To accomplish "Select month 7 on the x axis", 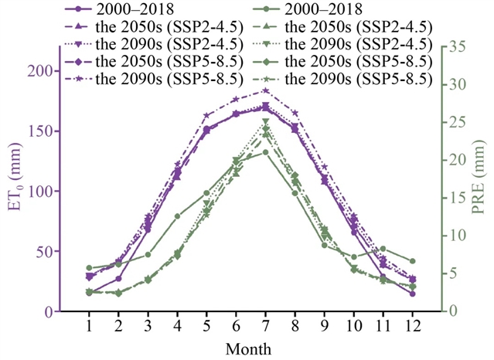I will click(265, 327).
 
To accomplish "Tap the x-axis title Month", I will click(249, 349).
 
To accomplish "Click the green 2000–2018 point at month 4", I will click(177, 216).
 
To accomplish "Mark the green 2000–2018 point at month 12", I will click(413, 261).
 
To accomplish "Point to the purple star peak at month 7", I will click(265, 90).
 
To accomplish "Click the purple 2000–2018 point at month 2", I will click(118, 279).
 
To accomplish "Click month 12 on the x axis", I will click(413, 327).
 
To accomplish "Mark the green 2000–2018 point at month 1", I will click(89, 268).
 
